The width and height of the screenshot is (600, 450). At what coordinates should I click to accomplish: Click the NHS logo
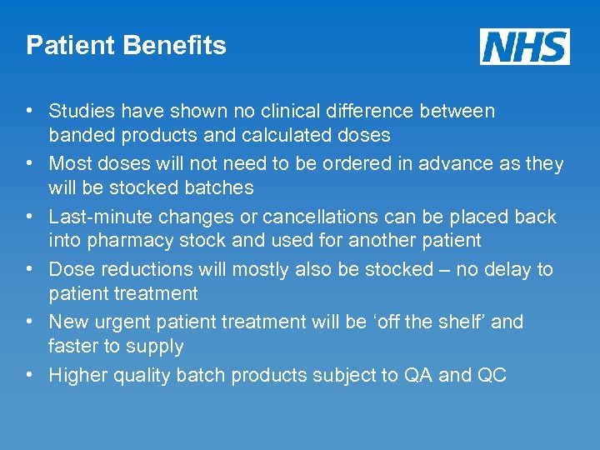coord(524,46)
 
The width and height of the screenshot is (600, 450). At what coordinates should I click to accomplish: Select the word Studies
coord(81,111)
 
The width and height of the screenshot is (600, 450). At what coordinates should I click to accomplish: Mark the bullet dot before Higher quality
coord(29,375)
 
